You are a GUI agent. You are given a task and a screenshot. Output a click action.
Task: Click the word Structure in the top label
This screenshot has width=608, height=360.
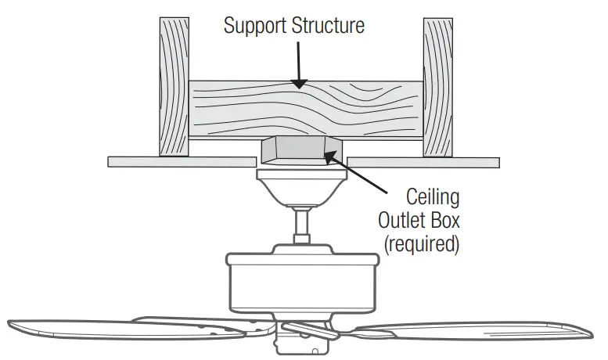pos(329,26)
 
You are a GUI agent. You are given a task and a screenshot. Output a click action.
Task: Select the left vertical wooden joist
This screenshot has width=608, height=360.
pos(174,86)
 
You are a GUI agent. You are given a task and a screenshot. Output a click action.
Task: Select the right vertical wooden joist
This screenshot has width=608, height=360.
pos(438,86)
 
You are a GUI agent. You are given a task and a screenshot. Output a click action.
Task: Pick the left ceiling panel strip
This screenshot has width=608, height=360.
pos(181,162)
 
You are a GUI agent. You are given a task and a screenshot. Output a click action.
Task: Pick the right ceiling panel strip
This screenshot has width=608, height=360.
pos(423,162)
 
